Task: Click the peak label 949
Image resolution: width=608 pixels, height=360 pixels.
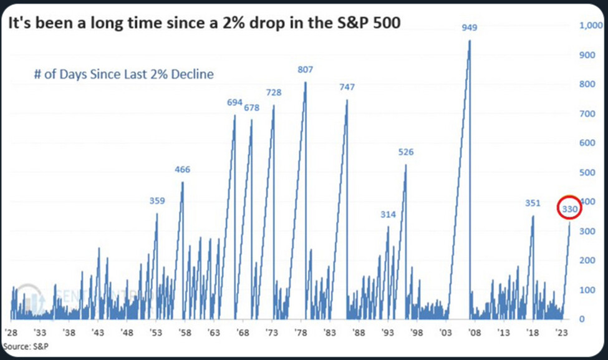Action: (469, 27)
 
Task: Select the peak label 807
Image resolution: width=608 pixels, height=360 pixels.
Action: (305, 69)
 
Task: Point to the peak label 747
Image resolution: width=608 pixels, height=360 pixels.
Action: (346, 87)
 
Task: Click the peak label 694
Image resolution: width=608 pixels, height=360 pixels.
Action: (234, 102)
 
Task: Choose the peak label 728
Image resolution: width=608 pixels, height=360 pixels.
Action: (273, 92)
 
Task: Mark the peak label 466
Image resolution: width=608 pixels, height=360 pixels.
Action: (182, 170)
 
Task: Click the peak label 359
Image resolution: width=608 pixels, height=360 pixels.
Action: (157, 201)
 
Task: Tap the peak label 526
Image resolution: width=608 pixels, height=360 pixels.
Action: (405, 152)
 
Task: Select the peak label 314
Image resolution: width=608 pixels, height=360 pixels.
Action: (388, 215)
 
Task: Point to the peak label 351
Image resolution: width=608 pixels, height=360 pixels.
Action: (533, 202)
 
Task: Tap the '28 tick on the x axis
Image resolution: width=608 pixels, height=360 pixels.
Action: (11, 333)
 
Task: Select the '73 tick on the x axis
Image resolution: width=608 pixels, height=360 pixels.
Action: (273, 333)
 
